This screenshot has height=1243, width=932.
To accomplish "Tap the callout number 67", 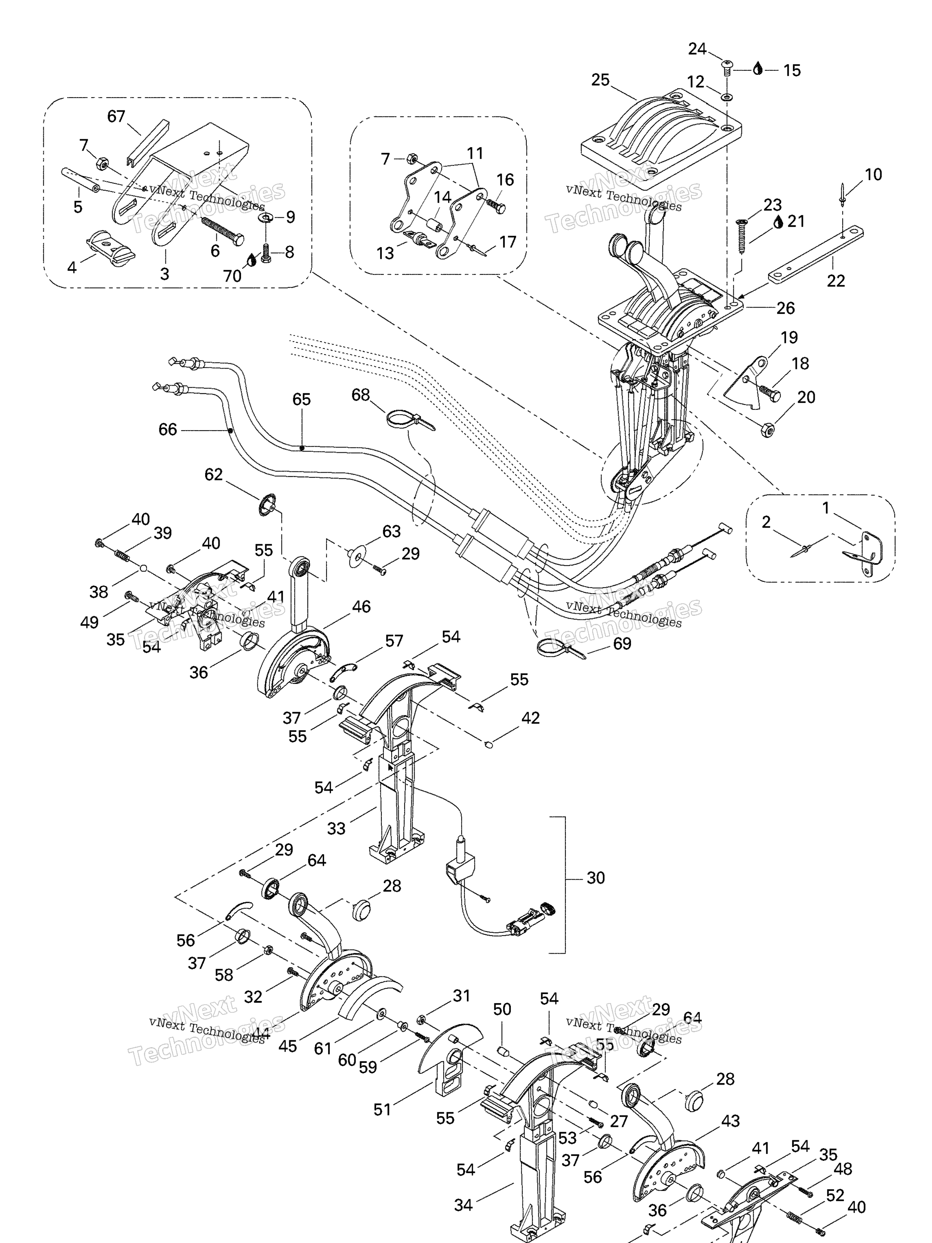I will [x=116, y=116].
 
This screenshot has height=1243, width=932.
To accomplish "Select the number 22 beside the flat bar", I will [x=835, y=280].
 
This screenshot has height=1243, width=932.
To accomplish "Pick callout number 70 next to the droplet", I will [x=232, y=276].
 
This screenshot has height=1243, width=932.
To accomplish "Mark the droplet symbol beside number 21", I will [x=778, y=223].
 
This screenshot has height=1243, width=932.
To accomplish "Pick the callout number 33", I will [x=336, y=828].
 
